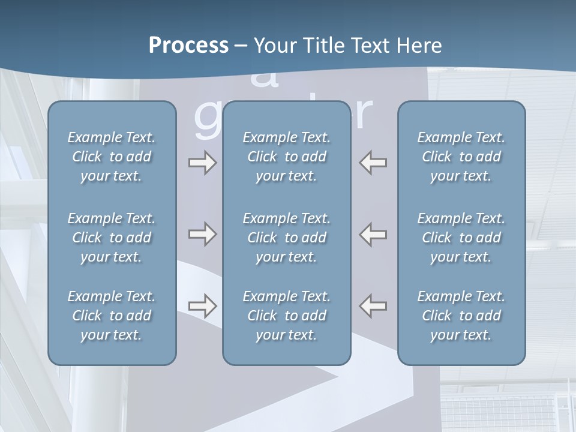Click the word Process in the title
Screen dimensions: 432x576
[188, 46]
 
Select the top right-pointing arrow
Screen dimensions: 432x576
[202, 163]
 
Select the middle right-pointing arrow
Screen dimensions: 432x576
[202, 234]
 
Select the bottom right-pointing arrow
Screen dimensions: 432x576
[202, 306]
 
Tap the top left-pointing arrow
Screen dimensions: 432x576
[373, 163]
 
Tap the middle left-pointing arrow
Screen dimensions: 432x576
[373, 234]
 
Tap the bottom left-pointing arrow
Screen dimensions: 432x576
[373, 306]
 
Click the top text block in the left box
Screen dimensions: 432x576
[112, 157]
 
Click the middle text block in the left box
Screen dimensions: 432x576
[112, 238]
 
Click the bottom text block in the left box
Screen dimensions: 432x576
[112, 316]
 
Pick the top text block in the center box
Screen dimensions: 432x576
[287, 157]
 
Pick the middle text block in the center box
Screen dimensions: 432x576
[287, 238]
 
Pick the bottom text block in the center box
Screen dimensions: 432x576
[287, 316]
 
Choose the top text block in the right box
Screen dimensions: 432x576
[461, 157]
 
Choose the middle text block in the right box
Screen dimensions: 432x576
[461, 238]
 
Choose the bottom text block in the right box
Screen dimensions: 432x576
[461, 316]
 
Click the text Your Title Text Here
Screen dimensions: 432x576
[348, 46]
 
